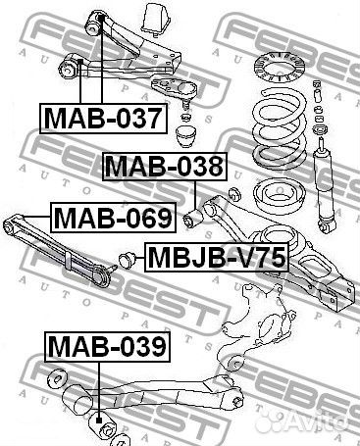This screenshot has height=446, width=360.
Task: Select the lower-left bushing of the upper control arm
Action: (69, 68)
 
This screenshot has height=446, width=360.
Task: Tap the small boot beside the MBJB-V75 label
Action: (127, 260)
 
